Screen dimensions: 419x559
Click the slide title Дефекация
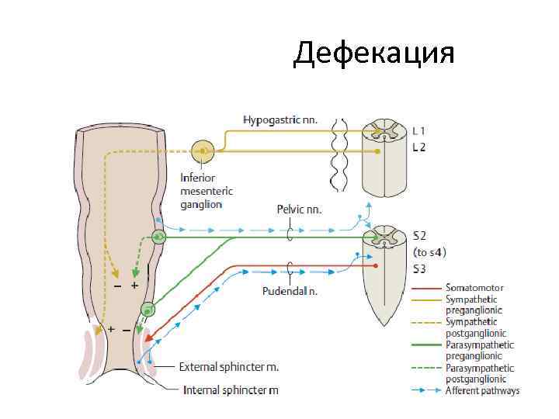click(x=373, y=54)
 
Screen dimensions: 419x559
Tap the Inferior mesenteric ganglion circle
click(x=203, y=151)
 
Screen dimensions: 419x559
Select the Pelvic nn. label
click(x=299, y=209)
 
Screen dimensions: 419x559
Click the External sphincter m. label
click(x=229, y=366)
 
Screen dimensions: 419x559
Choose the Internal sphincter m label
click(x=231, y=390)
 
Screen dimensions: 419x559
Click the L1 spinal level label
click(x=418, y=132)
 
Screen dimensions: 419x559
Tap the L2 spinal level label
click(x=418, y=146)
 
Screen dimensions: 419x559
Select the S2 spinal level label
click(x=419, y=234)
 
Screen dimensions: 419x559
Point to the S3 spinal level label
click(x=419, y=269)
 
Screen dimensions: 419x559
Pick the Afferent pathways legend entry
click(x=482, y=390)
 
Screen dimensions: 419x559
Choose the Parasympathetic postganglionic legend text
click(x=480, y=373)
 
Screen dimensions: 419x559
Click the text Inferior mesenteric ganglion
click(x=206, y=191)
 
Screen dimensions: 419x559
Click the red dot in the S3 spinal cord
click(x=377, y=266)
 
